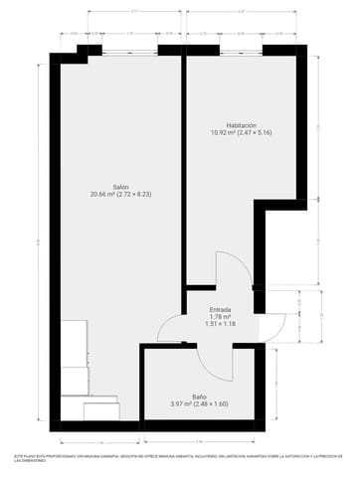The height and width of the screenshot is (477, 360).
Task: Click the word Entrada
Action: (220, 309)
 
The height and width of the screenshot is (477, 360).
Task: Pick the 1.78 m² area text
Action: (220, 316)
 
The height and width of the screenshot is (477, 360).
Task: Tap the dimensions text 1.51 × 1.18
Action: (220, 324)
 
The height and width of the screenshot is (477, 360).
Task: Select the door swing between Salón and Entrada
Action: (169, 328)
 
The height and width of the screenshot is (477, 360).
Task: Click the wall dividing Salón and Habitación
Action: (184, 169)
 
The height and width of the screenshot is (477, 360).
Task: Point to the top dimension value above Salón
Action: (134, 11)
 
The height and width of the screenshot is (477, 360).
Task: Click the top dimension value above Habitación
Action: (242, 11)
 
